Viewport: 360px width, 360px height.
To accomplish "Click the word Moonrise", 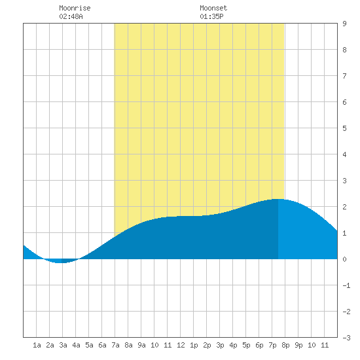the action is pos(75,8).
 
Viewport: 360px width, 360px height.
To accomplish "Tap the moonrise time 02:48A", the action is pos(71,16).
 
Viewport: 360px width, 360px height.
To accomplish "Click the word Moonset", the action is pos(213,8).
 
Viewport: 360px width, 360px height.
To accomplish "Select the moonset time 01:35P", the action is pos(211,16).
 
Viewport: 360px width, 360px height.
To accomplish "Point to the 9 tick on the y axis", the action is pos(344,24).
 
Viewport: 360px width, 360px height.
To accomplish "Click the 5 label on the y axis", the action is pos(344,128).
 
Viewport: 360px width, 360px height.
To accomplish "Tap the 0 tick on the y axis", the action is pos(344,259).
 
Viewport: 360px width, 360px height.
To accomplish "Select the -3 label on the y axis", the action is pos(346,338).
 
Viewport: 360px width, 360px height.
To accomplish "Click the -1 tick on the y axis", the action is pos(346,285).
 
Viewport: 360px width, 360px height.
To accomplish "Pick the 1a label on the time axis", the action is pos(37,345).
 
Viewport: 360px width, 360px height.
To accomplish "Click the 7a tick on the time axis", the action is pos(115,345).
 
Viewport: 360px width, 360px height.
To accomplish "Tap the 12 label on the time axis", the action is pos(181,345).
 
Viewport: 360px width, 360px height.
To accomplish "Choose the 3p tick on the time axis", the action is pos(220,345).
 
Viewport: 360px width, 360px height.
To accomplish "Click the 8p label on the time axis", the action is pos(285,345).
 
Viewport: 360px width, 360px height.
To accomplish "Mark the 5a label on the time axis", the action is pos(89,345).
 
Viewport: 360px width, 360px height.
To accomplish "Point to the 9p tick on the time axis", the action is pos(298,345).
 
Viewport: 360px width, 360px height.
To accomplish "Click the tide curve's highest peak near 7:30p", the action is pos(278,199).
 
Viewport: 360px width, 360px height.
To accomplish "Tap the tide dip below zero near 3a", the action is pos(61,262).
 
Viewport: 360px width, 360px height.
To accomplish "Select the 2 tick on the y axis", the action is pos(344,207).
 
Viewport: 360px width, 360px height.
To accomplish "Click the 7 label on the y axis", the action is pos(344,76).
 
